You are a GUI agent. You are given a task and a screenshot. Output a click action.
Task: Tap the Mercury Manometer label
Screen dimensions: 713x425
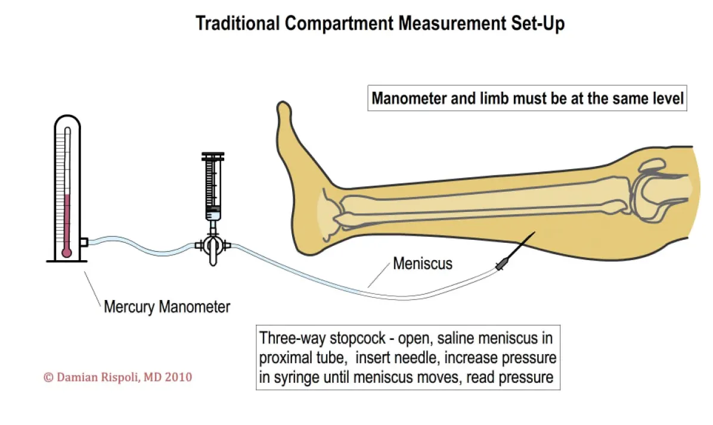pos(167,307)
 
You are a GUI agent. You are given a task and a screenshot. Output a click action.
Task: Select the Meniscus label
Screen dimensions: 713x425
pos(423,262)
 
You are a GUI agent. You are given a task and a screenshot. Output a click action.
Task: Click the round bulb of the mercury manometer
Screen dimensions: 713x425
pos(66,252)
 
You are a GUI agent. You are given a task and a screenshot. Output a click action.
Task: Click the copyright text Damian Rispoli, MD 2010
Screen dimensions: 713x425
pos(118,377)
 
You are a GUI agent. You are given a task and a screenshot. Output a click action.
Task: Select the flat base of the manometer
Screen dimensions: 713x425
pos(66,261)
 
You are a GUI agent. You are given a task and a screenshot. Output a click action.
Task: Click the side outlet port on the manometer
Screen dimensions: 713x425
pos(84,242)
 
